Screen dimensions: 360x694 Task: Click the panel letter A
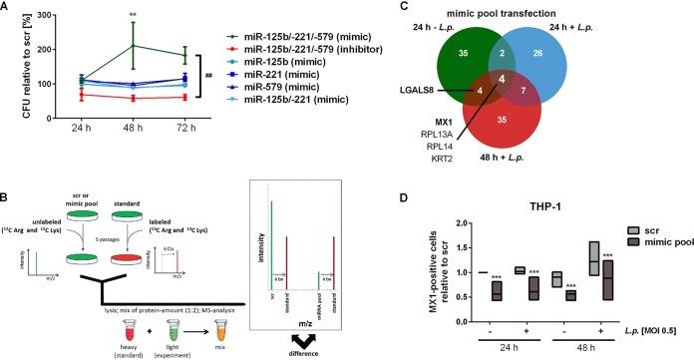point(8,8)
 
